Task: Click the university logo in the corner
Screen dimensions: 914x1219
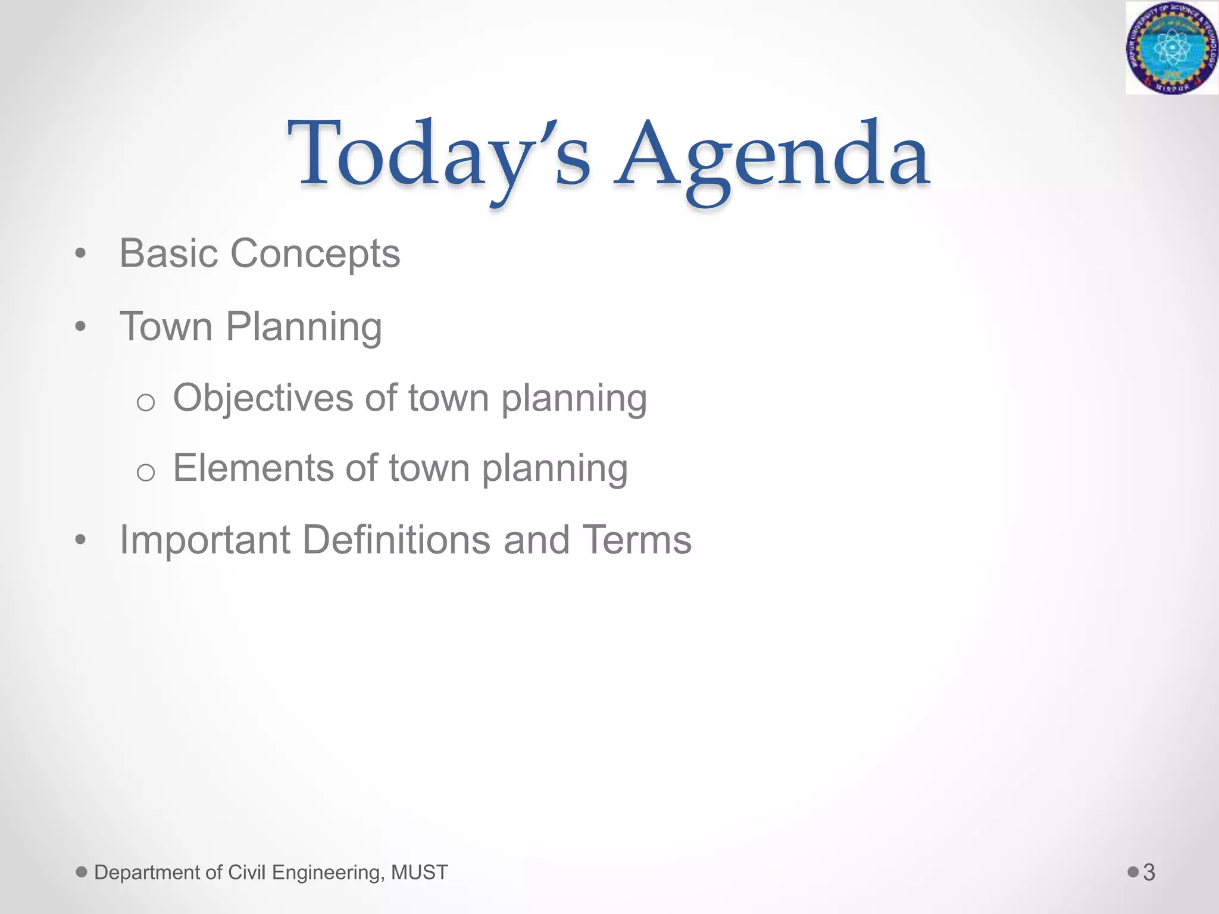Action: click(x=1171, y=48)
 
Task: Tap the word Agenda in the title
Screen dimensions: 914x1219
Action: click(x=772, y=156)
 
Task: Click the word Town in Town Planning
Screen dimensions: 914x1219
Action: click(x=166, y=327)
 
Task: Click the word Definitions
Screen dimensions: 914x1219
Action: click(x=396, y=540)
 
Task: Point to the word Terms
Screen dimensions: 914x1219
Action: click(x=636, y=540)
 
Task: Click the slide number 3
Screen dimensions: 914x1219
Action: click(x=1149, y=872)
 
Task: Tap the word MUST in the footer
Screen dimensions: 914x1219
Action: click(x=420, y=872)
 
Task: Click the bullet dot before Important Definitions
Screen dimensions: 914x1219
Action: click(x=81, y=541)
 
